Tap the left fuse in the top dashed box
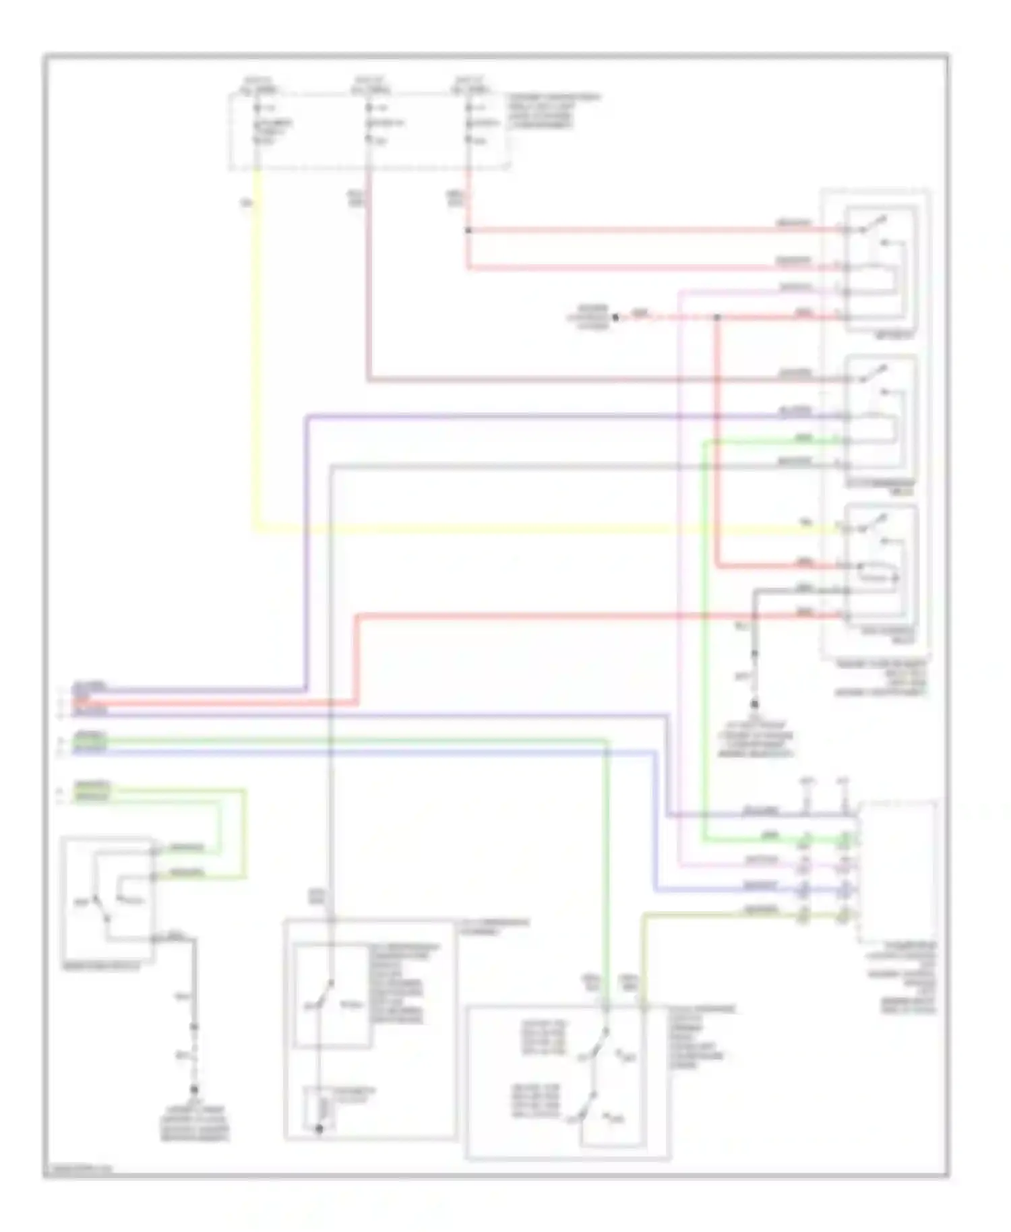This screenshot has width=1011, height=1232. (x=257, y=125)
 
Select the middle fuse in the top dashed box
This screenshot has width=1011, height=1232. (x=369, y=125)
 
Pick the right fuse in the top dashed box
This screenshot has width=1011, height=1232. (x=468, y=125)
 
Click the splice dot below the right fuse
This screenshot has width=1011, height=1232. (x=468, y=230)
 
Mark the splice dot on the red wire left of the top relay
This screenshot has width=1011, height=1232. (x=716, y=317)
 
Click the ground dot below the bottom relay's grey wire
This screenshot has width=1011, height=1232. (x=754, y=704)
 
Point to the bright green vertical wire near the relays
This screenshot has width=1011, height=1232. (x=704, y=640)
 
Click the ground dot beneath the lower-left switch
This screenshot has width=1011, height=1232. (x=194, y=1090)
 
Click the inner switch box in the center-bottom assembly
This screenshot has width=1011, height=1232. (x=331, y=995)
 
